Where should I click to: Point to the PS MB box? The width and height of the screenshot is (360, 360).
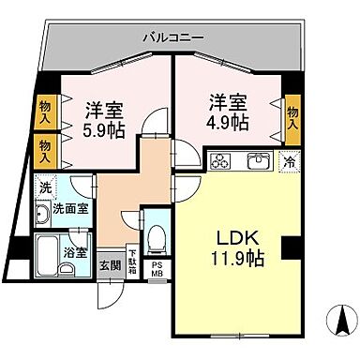(157, 271)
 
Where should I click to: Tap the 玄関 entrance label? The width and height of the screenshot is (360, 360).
(111, 265)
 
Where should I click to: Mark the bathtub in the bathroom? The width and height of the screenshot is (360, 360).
(49, 251)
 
